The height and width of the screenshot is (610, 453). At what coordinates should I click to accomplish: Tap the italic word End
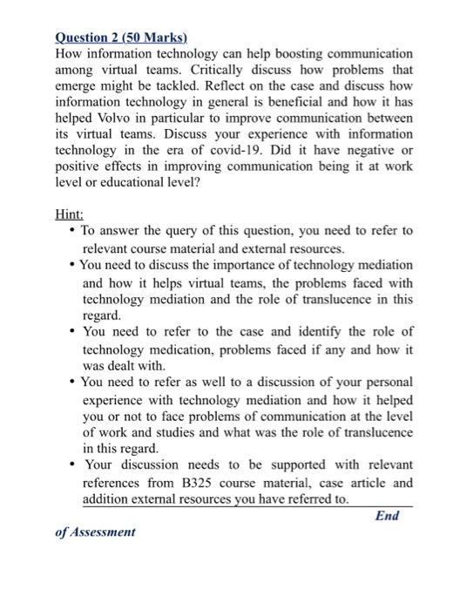386,515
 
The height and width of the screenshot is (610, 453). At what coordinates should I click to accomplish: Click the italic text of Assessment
95,531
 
